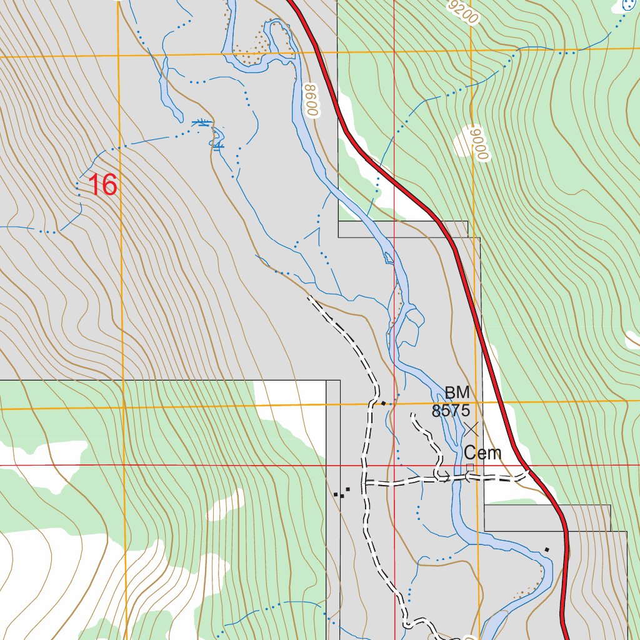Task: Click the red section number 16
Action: [x=102, y=185]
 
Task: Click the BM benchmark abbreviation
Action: [x=457, y=393]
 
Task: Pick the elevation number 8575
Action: [x=451, y=411]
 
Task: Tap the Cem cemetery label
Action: [x=482, y=453]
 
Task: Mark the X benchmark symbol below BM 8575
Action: [x=471, y=429]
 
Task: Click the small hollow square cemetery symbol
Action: [x=470, y=467]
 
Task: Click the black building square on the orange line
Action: [x=383, y=404]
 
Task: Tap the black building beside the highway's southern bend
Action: [x=547, y=549]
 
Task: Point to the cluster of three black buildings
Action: [x=341, y=492]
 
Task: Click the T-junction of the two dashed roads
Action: [x=364, y=482]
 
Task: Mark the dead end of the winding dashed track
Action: [x=411, y=414]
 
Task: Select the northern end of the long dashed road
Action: [x=309, y=298]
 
